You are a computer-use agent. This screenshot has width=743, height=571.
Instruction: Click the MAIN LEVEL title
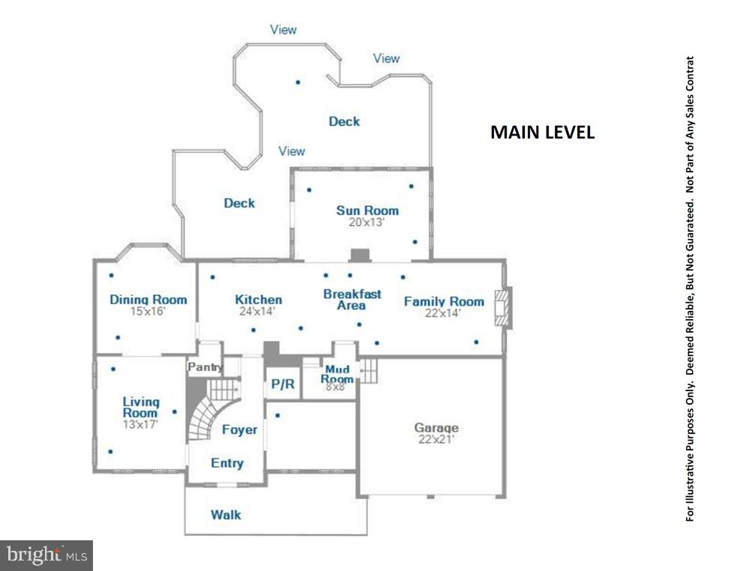542,133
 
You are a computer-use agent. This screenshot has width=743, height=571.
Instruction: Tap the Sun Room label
367,211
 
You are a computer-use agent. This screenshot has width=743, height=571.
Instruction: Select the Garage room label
436,428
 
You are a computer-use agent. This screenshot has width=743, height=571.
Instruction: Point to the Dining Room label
148,300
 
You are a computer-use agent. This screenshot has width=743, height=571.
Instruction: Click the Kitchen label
258,300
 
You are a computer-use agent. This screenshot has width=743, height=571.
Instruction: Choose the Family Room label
444,301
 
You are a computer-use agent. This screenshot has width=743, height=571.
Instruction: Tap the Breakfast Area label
352,300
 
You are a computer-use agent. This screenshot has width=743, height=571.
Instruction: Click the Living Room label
141,408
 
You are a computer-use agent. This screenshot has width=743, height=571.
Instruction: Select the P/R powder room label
283,384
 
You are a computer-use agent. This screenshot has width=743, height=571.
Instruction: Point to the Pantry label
205,367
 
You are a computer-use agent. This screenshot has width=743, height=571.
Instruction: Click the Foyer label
239,429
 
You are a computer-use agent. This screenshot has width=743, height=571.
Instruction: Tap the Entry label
226,463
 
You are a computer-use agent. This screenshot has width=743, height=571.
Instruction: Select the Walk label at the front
226,515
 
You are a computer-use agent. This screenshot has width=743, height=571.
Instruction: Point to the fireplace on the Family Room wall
503,307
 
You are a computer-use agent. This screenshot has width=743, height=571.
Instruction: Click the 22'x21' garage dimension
436,440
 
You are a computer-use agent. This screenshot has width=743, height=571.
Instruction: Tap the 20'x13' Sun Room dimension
367,222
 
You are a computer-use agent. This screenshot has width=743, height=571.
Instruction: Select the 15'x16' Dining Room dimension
148,311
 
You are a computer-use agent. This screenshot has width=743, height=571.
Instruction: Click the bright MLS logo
46,555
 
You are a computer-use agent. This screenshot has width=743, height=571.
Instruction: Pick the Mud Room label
337,374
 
